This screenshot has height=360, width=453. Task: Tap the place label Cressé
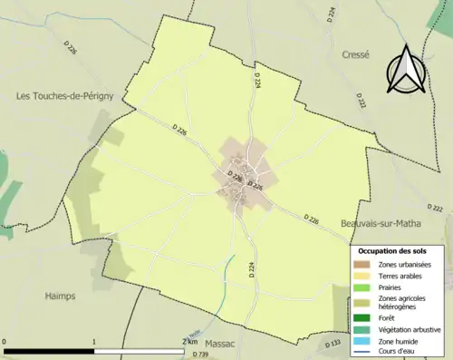tap(355, 54)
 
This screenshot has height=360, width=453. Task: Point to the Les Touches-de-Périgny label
tap(57, 94)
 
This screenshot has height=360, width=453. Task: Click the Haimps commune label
tap(61, 295)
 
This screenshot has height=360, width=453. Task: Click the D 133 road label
tap(333, 344)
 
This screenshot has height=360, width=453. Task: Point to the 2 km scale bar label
tap(189, 342)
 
